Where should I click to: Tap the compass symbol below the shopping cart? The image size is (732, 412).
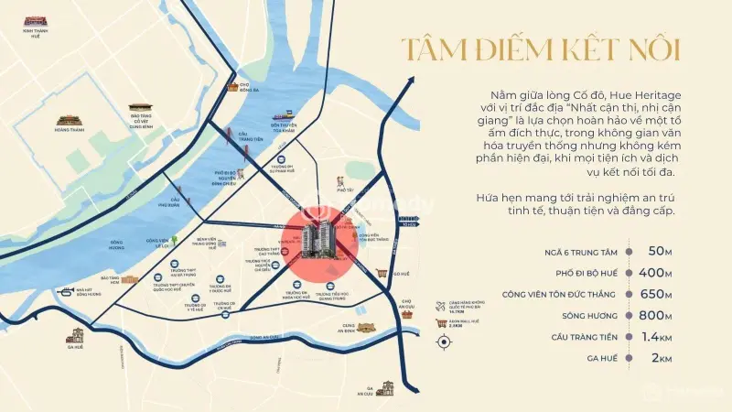pyautogui.click(x=446, y=342)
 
